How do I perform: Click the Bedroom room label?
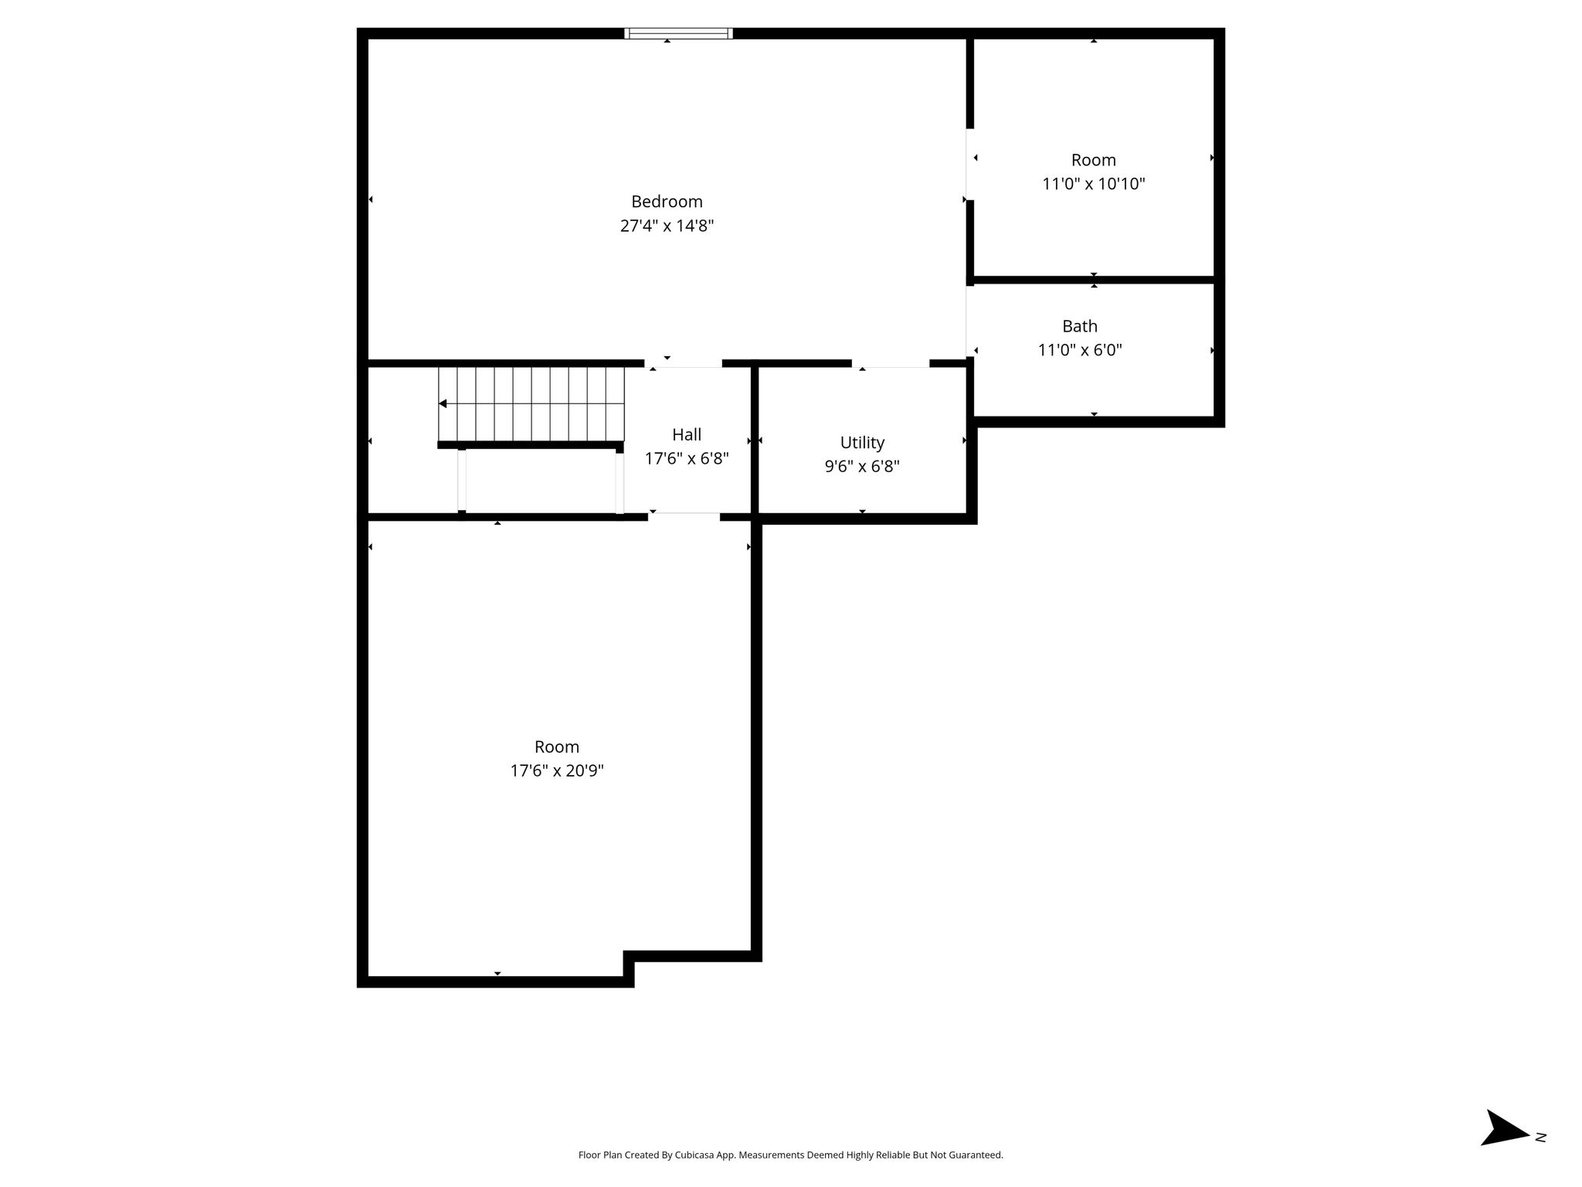(x=667, y=202)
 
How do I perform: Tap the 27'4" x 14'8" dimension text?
(x=667, y=226)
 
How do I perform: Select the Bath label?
(x=1079, y=326)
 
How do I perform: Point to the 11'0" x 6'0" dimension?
(x=1079, y=350)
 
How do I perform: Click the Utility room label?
(x=862, y=443)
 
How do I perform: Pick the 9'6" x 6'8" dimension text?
(x=862, y=467)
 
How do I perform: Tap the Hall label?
(x=687, y=434)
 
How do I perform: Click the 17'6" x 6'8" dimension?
(x=687, y=458)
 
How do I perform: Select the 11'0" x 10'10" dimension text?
(x=1093, y=184)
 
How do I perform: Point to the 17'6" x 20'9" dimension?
(x=557, y=770)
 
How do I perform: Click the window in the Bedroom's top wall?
(x=678, y=33)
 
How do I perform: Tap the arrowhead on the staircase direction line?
(x=443, y=403)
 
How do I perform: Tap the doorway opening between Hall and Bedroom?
(x=683, y=363)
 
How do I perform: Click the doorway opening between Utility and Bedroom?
(x=891, y=363)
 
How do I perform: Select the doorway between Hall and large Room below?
(x=684, y=517)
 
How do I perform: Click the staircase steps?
(x=531, y=403)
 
